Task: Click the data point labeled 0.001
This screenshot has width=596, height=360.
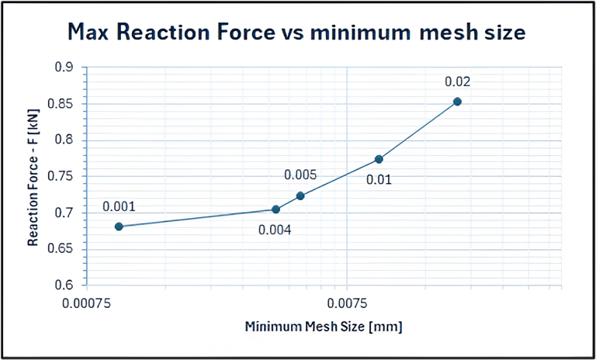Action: click(x=119, y=227)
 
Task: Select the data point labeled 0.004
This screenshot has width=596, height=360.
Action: click(x=275, y=209)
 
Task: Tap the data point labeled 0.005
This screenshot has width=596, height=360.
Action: click(x=300, y=196)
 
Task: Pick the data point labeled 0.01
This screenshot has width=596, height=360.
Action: click(x=379, y=159)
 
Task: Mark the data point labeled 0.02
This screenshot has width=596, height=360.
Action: click(x=457, y=102)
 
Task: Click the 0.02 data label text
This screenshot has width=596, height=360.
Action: click(x=458, y=81)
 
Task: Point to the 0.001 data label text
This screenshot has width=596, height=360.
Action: click(x=119, y=207)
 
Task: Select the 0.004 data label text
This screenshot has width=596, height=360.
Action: click(x=275, y=229)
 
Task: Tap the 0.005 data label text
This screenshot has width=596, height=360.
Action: click(x=300, y=175)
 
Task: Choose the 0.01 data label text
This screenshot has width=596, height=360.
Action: click(x=379, y=180)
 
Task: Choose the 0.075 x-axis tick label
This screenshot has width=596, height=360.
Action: click(x=346, y=301)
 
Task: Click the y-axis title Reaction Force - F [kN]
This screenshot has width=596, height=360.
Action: click(x=33, y=177)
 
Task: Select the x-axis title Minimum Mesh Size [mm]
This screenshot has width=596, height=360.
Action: click(x=324, y=326)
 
